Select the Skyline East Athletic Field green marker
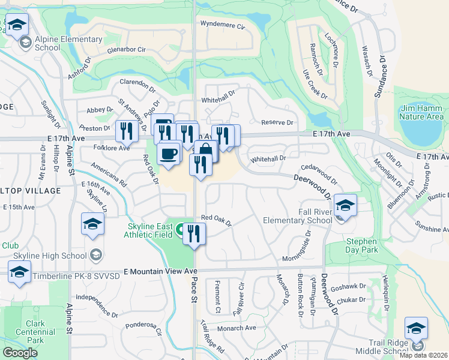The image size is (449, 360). [180, 229]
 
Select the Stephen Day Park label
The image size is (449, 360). [362, 245]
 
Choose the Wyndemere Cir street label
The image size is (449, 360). [223, 26]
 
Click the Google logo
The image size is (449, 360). [20, 353]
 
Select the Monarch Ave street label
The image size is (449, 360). [237, 328]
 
